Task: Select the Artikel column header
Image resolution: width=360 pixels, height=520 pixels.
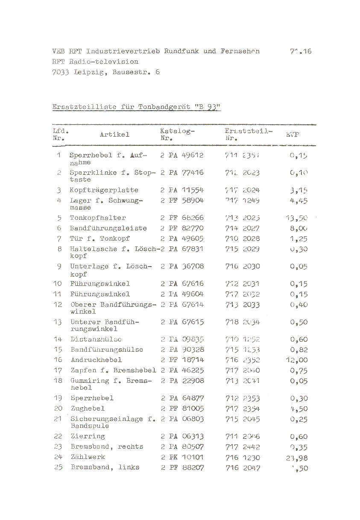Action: click(114, 135)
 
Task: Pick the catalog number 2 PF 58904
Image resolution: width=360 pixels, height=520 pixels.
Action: click(182, 200)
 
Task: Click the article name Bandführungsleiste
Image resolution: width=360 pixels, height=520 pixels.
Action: click(108, 228)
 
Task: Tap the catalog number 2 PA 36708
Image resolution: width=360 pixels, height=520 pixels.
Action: click(182, 266)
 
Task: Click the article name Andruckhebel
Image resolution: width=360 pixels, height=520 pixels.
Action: click(97, 360)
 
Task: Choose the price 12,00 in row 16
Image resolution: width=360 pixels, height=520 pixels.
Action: click(297, 360)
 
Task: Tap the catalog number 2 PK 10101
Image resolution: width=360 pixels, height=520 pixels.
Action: click(182, 457)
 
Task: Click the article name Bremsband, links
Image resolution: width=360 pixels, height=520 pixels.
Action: click(105, 467)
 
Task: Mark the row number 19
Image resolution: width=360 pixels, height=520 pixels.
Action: click(58, 398)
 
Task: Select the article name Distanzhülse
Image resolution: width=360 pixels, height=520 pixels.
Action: click(96, 339)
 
